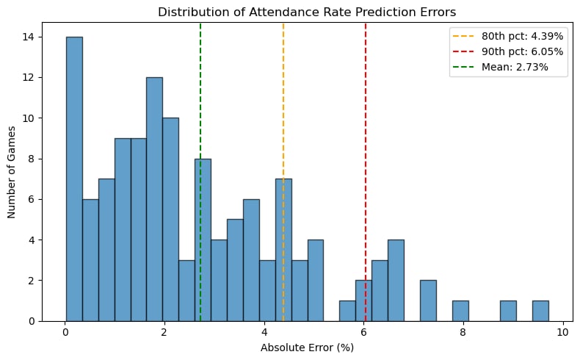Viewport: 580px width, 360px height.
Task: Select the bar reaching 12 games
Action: click(x=154, y=199)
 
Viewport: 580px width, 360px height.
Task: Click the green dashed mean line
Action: click(x=200, y=110)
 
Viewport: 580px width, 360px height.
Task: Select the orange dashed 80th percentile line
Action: click(x=283, y=110)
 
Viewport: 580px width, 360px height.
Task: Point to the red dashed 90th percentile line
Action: click(x=366, y=110)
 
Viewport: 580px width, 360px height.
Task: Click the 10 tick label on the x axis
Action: click(x=562, y=331)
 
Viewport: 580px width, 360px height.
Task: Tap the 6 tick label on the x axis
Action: click(x=363, y=331)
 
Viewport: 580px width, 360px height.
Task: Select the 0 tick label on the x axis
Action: click(x=66, y=331)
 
